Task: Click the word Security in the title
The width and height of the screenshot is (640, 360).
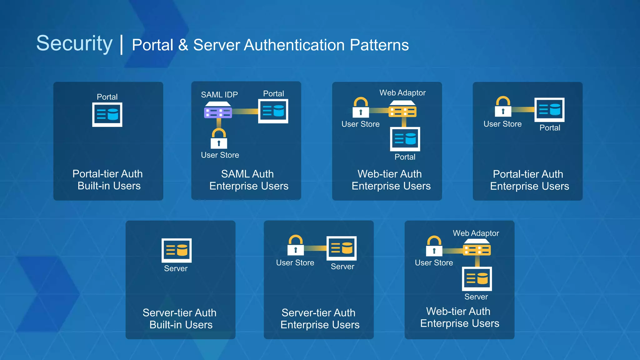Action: coord(74,43)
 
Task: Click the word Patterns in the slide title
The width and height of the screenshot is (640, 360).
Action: coord(379,45)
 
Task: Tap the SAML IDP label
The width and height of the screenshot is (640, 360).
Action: coord(219,95)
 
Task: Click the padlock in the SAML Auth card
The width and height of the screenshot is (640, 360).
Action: coord(219,139)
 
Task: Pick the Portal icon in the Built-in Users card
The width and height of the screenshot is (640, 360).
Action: coord(107,114)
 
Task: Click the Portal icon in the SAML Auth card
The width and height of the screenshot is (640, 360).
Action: coord(273,111)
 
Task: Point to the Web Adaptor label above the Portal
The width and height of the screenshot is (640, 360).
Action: coord(402,93)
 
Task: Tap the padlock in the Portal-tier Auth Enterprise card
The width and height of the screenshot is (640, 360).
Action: coord(503,107)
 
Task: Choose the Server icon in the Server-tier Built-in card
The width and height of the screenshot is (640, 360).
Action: coord(176,250)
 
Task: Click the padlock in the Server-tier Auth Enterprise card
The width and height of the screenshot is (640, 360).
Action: coord(295,246)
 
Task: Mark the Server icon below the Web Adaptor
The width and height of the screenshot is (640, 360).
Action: coord(477,278)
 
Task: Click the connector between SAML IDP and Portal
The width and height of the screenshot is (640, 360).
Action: coord(245,111)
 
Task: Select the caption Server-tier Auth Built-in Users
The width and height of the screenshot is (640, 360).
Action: coord(180,318)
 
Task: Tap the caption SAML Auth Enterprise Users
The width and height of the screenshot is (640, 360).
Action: coord(248,180)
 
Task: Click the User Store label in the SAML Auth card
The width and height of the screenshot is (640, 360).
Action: coord(220,155)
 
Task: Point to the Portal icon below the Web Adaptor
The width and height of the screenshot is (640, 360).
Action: coord(405,139)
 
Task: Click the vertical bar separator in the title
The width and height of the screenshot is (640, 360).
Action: coord(122,45)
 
